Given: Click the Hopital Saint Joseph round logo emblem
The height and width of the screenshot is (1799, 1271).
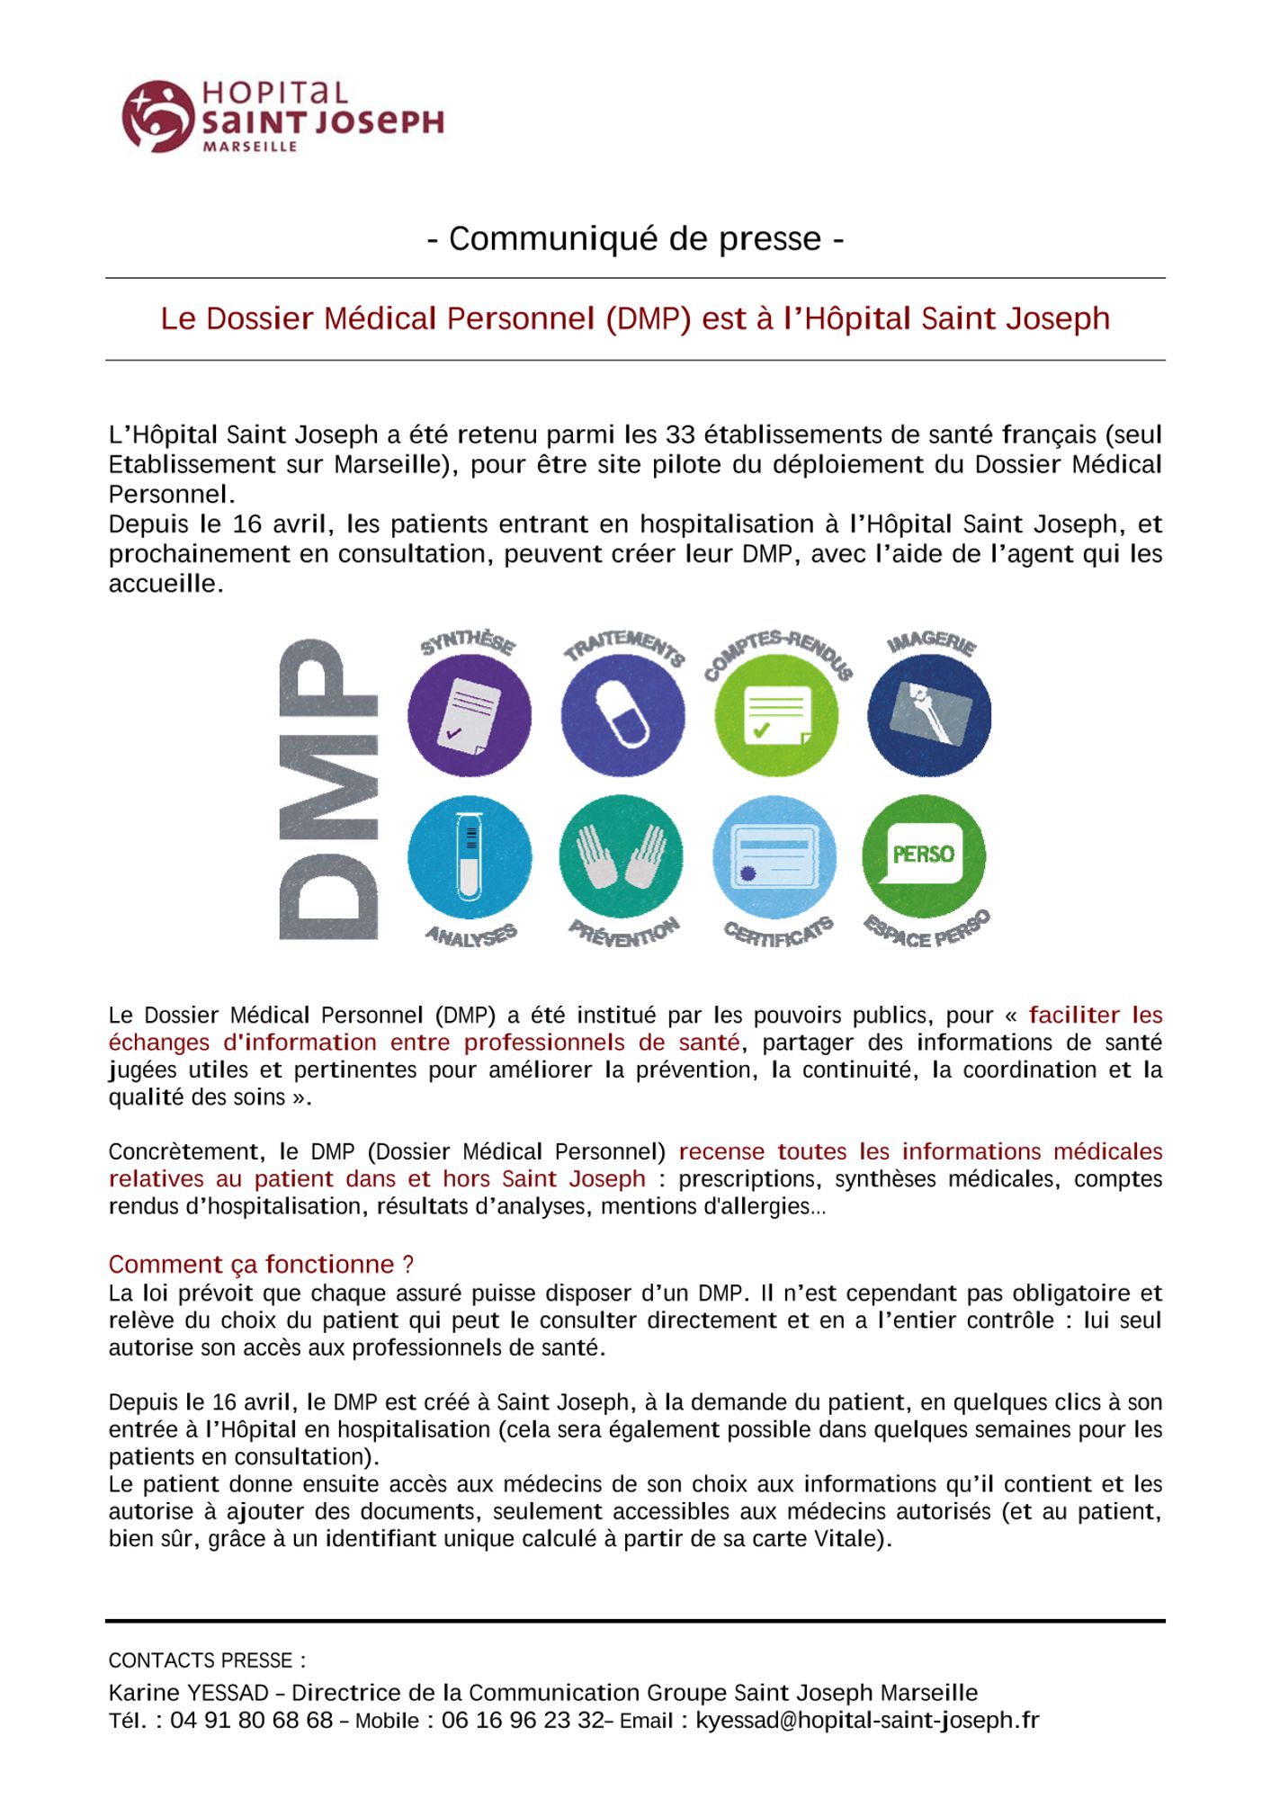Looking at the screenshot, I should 158,116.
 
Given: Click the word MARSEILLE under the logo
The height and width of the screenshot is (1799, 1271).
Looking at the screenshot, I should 250,147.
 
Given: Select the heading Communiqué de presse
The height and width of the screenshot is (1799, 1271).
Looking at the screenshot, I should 635,238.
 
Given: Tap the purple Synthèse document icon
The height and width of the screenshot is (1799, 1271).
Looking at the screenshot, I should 470,715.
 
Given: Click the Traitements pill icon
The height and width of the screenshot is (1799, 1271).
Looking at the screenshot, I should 622,715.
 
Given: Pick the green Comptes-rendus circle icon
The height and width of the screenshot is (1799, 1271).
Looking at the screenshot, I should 775,715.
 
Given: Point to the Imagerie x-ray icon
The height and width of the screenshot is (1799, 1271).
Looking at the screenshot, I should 929,715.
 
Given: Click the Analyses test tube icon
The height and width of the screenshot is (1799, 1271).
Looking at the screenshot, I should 470,857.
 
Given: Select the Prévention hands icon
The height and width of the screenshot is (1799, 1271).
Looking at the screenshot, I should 621,857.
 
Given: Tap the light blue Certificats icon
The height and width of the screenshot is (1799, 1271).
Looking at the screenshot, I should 774,857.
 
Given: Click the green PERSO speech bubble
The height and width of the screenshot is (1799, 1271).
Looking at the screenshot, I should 924,855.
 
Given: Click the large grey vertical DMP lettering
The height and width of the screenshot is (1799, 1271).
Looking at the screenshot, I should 328,790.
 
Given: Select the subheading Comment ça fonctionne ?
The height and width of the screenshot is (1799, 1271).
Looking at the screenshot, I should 261,1265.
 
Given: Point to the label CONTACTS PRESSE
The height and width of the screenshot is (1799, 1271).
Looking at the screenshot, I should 207,1660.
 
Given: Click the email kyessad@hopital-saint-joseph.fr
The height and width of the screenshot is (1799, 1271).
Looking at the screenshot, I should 867,1721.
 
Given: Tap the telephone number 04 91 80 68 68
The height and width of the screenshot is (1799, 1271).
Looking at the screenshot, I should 252,1721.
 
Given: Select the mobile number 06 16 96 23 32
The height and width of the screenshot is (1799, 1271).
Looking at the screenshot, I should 523,1721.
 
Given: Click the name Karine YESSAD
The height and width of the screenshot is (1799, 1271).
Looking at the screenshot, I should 188,1693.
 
